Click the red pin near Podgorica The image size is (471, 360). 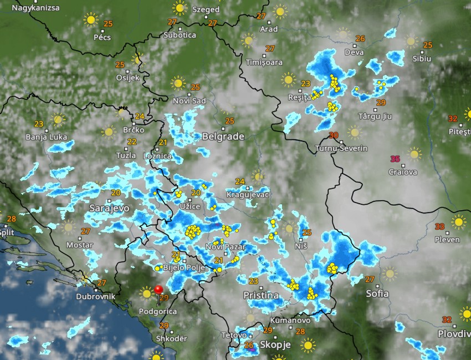tap(158, 290)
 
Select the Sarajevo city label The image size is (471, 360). tap(109, 208)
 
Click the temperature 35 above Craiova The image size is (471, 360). tap(395, 159)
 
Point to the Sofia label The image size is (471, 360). tap(377, 293)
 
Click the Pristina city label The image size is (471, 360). tap(261, 296)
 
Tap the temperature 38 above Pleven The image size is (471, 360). tap(440, 226)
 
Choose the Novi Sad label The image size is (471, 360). tap(189, 100)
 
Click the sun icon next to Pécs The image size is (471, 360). tap(90, 20)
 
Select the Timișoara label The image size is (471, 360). tap(264, 62)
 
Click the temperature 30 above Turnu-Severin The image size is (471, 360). tap(334, 135)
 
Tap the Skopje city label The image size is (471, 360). tap(275, 344)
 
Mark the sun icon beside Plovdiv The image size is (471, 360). tap(464, 315)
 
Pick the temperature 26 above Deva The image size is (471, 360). tap(361, 39)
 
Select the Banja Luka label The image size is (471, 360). tap(47, 137)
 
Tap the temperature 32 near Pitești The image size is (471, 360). tap(453, 119)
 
